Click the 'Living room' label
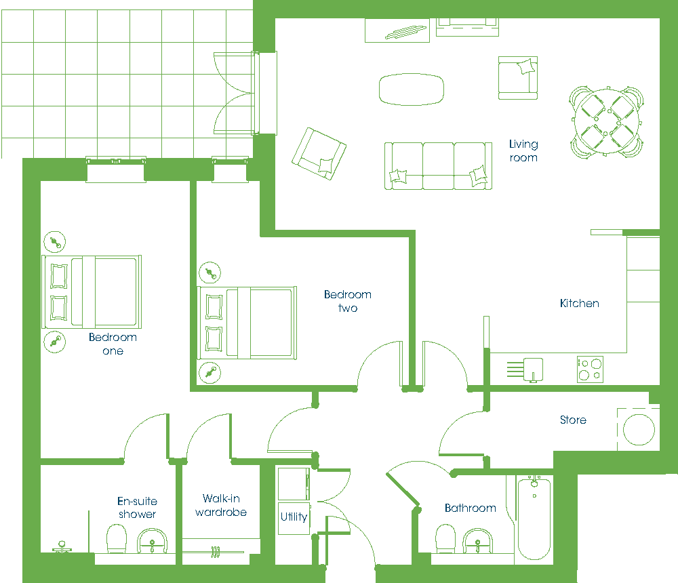(523, 150)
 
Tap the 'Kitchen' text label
(580, 303)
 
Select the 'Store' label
(573, 420)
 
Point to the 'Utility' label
(294, 517)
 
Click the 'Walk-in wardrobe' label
(221, 505)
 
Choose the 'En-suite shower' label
(137, 507)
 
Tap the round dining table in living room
(606, 121)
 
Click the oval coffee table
(412, 89)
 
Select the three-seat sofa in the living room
(439, 166)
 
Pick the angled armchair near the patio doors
(319, 153)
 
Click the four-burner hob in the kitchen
(591, 369)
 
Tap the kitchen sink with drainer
(525, 369)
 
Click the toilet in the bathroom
(445, 538)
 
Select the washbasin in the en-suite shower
(152, 540)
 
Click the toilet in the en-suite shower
(117, 539)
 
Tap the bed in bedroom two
(247, 323)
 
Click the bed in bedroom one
(92, 292)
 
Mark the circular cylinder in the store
(639, 430)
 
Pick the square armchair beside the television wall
(518, 78)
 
